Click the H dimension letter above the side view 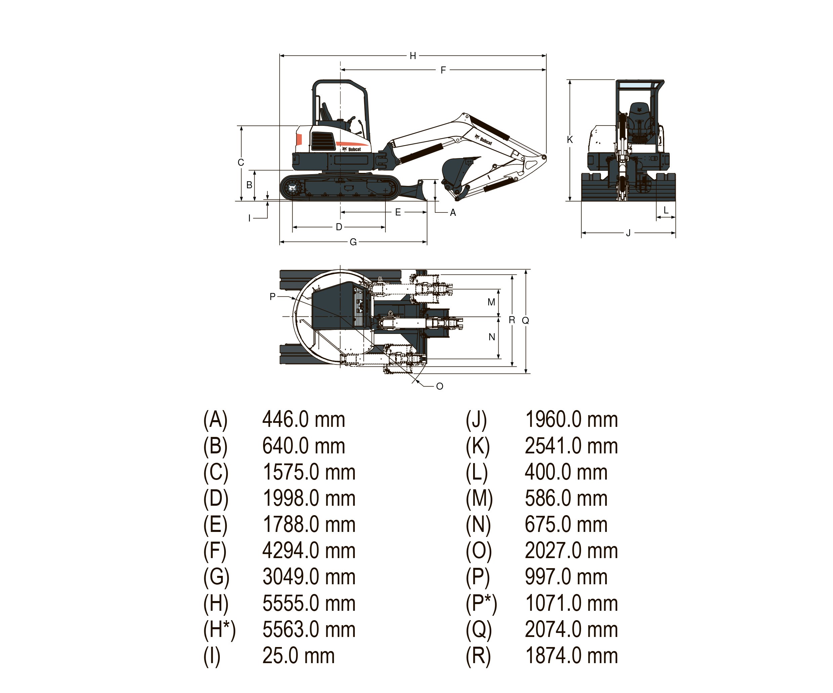click(x=413, y=56)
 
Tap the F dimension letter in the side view click(x=443, y=70)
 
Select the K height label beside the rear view click(x=570, y=140)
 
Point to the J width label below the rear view click(x=628, y=233)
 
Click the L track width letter click(x=666, y=210)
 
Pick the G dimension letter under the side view click(x=353, y=242)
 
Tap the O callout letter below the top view click(x=440, y=386)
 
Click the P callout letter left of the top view click(x=272, y=296)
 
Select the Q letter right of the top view click(x=525, y=320)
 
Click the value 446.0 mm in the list click(x=303, y=419)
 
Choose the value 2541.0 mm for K click(x=571, y=446)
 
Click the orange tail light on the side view click(x=299, y=140)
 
